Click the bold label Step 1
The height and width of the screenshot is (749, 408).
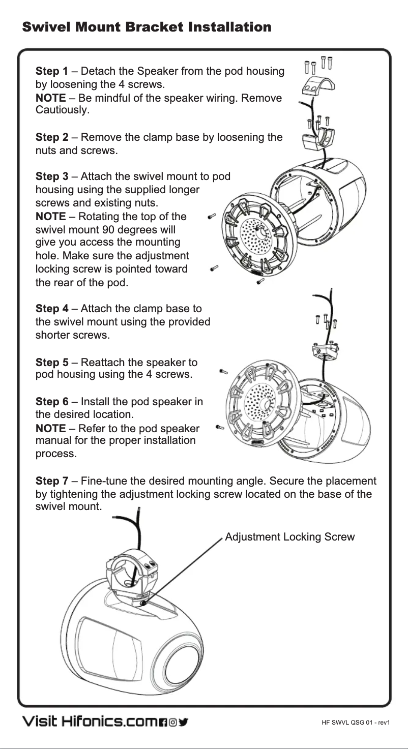(x=51, y=71)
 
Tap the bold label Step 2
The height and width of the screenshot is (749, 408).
(x=51, y=137)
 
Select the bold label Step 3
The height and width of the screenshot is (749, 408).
(x=51, y=176)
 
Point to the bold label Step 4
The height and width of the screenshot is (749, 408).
(x=51, y=309)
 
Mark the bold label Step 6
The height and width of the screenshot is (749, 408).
(x=51, y=402)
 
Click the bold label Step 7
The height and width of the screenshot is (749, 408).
(x=51, y=481)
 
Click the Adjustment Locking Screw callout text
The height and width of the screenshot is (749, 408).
(x=289, y=537)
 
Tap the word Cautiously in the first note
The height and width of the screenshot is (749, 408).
(x=62, y=110)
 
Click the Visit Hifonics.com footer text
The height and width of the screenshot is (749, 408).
(x=89, y=722)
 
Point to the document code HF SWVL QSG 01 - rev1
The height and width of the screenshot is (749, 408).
(x=355, y=723)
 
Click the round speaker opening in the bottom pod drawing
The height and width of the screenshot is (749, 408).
(x=182, y=661)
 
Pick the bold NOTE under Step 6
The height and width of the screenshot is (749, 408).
(x=50, y=428)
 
